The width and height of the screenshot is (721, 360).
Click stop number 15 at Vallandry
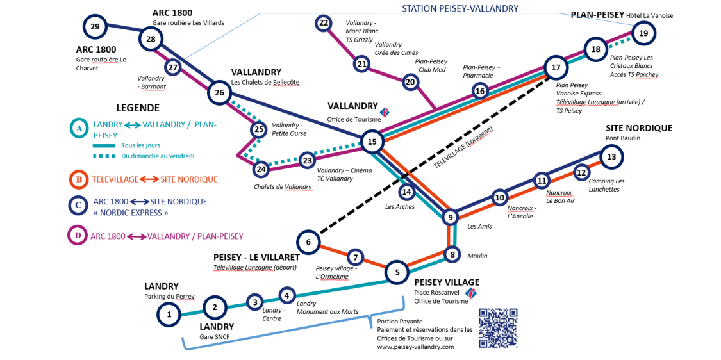coord(371,142)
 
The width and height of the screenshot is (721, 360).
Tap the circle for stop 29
coord(95,27)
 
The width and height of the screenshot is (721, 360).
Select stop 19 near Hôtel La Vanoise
coord(643,33)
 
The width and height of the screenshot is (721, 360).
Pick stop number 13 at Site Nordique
coord(611,156)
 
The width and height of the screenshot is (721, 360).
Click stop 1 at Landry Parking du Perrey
coord(169,315)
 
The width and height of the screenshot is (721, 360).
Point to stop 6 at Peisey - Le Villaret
coord(308,242)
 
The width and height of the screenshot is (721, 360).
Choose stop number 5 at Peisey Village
coord(397,272)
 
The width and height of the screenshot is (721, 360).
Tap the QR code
coord(498,328)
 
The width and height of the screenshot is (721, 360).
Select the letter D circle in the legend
coord(78,236)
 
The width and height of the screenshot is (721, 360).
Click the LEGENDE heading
coord(138,108)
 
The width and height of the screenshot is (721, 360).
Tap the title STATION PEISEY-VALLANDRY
coord(460,8)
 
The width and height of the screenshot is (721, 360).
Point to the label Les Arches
coord(400,207)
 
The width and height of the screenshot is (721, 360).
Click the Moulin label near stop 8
coord(477,256)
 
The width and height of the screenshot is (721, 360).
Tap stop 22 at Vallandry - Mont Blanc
coord(324,24)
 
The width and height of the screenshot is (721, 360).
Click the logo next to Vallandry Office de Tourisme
coord(385,113)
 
